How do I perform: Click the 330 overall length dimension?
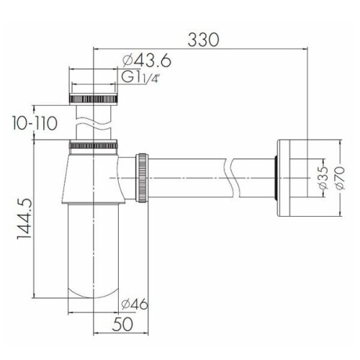tap(203, 40)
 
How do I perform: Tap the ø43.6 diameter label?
tap(147, 60)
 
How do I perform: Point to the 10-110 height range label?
tap(35, 123)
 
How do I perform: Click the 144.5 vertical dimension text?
tap(24, 219)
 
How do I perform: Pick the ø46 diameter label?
tap(135, 305)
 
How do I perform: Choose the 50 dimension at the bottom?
tap(122, 324)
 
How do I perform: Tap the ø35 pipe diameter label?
tap(323, 178)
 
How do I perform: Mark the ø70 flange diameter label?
tap(340, 178)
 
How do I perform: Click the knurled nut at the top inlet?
tap(93, 99)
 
